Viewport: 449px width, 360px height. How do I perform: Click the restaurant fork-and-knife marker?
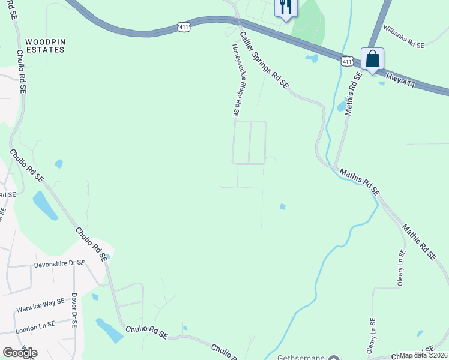pyautogui.click(x=285, y=7)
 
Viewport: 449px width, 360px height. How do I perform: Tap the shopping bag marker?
pyautogui.click(x=372, y=59)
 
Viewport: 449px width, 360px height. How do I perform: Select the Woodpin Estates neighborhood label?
pyautogui.click(x=45, y=46)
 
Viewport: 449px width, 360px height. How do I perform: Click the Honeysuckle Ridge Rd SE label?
pyautogui.click(x=236, y=79)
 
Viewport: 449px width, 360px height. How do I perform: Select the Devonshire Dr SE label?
pyautogui.click(x=60, y=263)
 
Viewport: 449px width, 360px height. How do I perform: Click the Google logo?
pyautogui.click(x=19, y=353)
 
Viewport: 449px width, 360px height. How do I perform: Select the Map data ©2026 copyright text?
pyautogui.click(x=423, y=355)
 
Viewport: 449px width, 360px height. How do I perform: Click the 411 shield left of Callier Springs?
pyautogui.click(x=185, y=26)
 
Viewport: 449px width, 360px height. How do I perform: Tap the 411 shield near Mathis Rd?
pyautogui.click(x=347, y=61)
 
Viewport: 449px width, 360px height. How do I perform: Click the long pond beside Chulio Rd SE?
pyautogui.click(x=44, y=205)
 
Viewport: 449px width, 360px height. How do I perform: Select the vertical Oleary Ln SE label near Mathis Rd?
pyautogui.click(x=401, y=268)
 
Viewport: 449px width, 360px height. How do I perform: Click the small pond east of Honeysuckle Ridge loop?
pyautogui.click(x=282, y=207)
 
